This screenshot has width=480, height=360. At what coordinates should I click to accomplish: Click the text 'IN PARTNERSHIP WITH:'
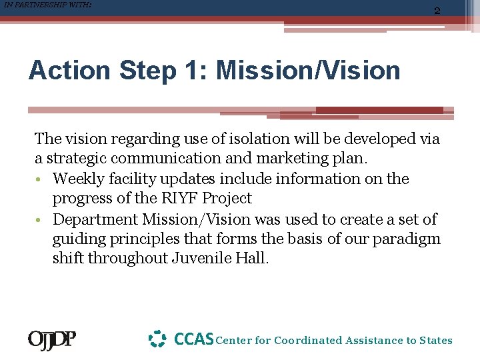click(47, 5)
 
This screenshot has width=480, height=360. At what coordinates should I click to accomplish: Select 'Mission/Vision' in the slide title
click(308, 70)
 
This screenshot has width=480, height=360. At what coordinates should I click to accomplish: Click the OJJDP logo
click(51, 340)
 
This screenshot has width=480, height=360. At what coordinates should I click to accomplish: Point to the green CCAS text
click(193, 339)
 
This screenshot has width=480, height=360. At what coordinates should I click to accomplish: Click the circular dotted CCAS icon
click(157, 339)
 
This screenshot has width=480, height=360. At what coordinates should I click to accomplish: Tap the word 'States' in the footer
click(435, 341)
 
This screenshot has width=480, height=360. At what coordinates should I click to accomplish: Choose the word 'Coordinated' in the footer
click(309, 341)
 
